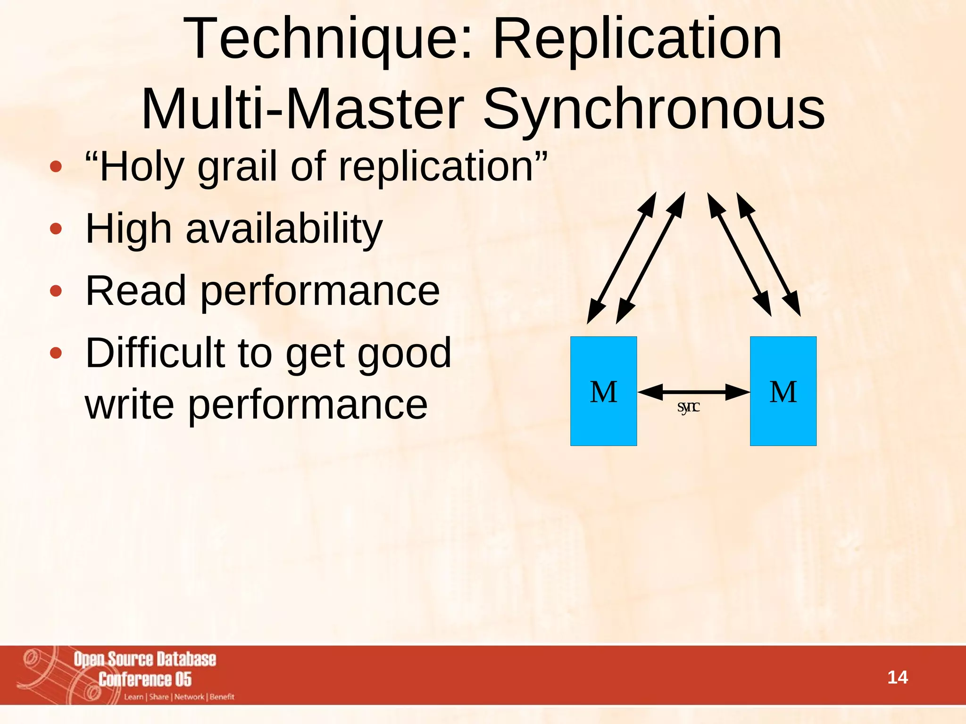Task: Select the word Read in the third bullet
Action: [x=136, y=291]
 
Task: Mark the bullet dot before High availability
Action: [x=56, y=229]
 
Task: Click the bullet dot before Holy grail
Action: [x=56, y=166]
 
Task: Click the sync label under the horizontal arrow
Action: [x=688, y=407]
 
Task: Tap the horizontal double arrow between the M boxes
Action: [x=693, y=392]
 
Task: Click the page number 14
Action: [x=897, y=677]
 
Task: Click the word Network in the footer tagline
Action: [x=189, y=697]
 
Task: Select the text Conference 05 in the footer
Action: [x=145, y=679]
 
